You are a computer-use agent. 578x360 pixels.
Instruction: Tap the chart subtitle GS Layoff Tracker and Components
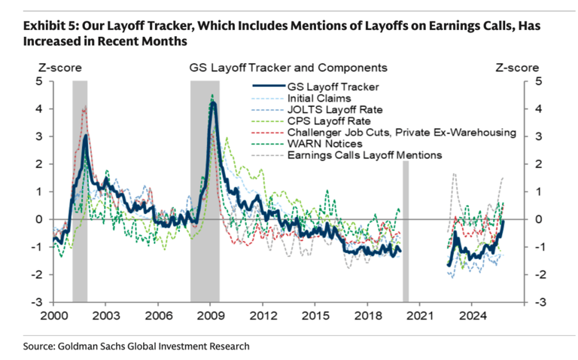click(x=288, y=67)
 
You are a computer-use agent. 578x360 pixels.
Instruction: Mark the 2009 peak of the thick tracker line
click(x=214, y=103)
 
